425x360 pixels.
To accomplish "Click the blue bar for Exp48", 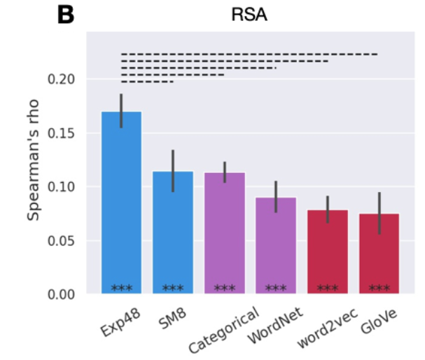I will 122,203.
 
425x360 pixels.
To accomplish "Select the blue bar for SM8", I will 173,231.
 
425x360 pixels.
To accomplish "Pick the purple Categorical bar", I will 225,231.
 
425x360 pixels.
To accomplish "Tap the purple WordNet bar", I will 276,245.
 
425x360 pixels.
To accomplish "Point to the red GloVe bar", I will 379,252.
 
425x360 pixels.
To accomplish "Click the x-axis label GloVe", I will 375,323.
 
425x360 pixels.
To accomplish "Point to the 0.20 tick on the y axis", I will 61,79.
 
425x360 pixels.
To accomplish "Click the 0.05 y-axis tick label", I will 61,241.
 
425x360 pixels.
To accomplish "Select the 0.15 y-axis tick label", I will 61,133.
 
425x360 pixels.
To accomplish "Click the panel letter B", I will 65,15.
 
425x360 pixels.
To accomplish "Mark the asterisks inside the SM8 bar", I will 173,288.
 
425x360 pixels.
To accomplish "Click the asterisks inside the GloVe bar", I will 379,288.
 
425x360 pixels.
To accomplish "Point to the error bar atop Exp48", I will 122,111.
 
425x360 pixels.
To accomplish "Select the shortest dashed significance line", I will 147,82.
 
